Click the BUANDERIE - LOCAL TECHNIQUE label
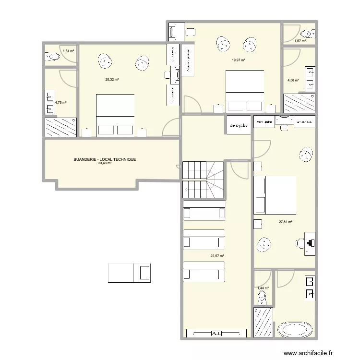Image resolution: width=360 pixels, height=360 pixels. [105, 159]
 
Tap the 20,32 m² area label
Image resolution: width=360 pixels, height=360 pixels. [112, 80]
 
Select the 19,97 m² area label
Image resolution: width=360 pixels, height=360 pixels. [239, 60]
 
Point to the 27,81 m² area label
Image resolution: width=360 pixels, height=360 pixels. [286, 222]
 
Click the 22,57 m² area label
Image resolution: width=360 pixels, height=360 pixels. [218, 256]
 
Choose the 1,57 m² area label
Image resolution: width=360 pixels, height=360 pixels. [300, 41]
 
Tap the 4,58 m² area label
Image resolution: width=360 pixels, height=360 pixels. [293, 81]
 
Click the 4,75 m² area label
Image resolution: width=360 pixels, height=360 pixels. [60, 102]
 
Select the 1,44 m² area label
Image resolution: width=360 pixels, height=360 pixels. [263, 288]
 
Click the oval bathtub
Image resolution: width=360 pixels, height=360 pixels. [295, 331]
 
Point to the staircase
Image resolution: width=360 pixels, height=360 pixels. [204, 179]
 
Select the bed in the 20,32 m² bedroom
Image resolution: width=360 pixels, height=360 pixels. [115, 116]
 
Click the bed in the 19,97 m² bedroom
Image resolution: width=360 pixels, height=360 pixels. [245, 92]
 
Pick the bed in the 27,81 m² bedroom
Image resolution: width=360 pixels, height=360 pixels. [275, 195]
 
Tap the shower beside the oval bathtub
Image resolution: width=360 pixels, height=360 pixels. [263, 322]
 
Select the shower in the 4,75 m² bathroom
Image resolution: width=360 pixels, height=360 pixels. [60, 128]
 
